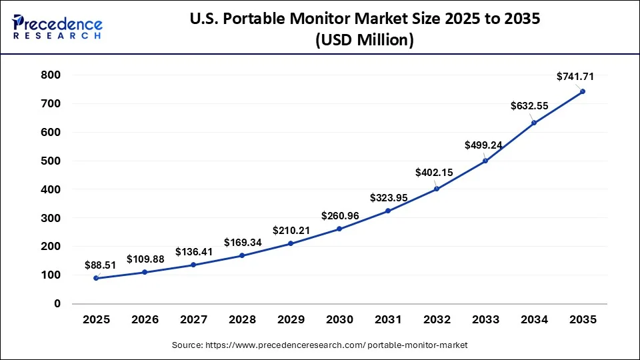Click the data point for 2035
click(x=583, y=91)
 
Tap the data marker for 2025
click(x=96, y=278)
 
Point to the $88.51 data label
click(x=101, y=265)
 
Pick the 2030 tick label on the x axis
click(x=339, y=320)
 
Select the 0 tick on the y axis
click(x=57, y=303)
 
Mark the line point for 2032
click(x=437, y=189)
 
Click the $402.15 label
click(x=434, y=172)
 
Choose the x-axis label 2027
click(x=193, y=320)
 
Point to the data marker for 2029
click(x=291, y=243)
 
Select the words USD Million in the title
click(x=365, y=41)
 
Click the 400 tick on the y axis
click(x=51, y=189)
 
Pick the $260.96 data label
click(x=340, y=215)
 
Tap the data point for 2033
click(x=485, y=161)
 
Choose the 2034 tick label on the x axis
click(x=534, y=320)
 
